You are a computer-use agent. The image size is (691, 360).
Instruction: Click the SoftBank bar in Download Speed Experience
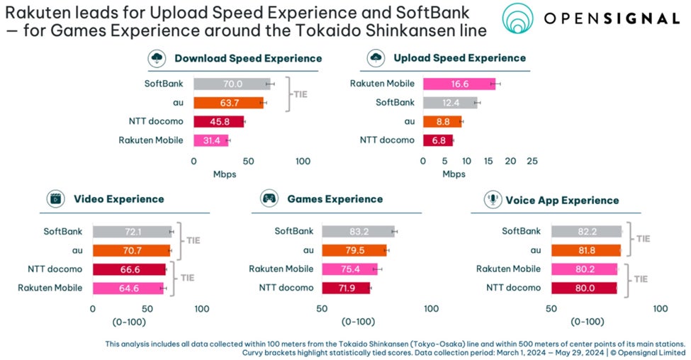[x=232, y=84]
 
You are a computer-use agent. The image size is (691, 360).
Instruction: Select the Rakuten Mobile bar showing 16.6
[x=459, y=84]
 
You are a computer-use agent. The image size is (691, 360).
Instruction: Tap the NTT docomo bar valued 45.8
[x=219, y=121]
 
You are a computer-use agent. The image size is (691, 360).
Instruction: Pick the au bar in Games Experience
[x=354, y=250]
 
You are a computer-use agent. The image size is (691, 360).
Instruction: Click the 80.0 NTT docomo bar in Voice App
[x=584, y=288]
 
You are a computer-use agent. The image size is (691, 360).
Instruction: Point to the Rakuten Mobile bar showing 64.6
[x=128, y=288]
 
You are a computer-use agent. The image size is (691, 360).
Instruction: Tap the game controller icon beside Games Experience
[x=269, y=199]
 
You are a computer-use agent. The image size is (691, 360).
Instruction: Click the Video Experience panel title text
[x=118, y=199]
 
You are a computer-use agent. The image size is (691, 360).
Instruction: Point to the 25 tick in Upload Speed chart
[x=532, y=161]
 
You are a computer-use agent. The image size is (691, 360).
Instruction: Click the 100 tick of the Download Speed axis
[x=303, y=161]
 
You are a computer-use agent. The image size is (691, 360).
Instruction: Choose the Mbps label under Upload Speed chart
[x=454, y=174]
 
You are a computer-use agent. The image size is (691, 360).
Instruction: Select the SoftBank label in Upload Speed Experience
[x=395, y=103]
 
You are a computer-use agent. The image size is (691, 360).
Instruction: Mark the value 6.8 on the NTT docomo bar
[x=439, y=140]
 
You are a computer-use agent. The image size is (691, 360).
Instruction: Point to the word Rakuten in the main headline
[x=36, y=11]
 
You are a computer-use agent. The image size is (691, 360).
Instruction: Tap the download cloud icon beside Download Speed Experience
[x=157, y=58]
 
